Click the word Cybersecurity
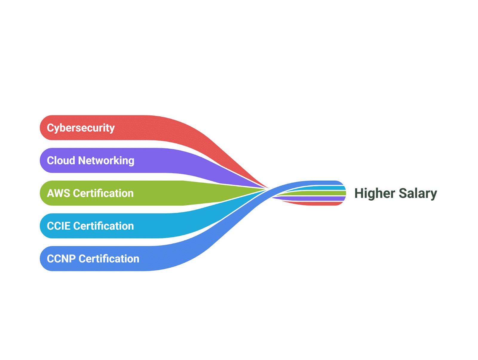[81, 128]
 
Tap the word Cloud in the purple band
[61, 161]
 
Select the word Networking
[106, 161]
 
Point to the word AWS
[58, 193]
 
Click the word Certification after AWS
[103, 193]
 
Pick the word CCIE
[59, 226]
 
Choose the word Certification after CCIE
[103, 226]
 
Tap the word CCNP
[61, 259]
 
